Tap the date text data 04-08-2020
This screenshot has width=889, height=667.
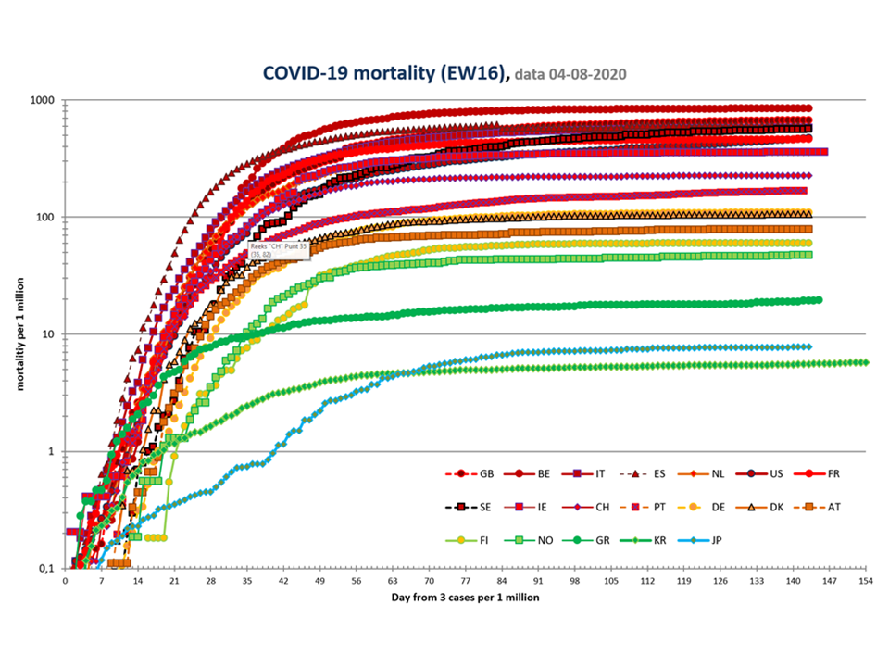coord(574,73)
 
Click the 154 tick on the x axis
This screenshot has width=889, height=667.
coord(866,581)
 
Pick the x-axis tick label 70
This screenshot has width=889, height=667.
coord(430,581)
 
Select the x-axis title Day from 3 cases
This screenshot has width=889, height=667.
coord(464,598)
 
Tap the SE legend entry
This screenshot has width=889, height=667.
coord(472,508)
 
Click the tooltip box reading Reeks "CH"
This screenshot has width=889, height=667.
coord(279,250)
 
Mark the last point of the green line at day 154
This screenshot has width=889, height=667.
coord(865,362)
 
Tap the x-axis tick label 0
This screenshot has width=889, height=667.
coord(65,581)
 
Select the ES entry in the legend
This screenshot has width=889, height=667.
coord(648,473)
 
